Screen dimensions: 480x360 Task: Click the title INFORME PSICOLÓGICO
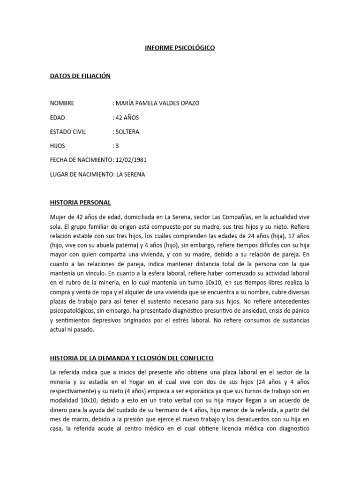coord(180,48)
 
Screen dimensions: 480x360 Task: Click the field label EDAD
coord(58,118)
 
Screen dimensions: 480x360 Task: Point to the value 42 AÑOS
coord(127,118)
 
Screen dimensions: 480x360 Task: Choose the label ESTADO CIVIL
coord(68,132)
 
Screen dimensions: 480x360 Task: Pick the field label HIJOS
coord(58,146)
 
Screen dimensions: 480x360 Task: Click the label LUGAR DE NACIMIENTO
coord(82,174)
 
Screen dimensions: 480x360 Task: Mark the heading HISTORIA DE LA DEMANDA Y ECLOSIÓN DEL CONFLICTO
coord(132,358)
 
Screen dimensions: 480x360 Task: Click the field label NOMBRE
coord(62,103)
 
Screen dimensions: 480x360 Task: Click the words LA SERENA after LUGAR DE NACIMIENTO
coord(131,174)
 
